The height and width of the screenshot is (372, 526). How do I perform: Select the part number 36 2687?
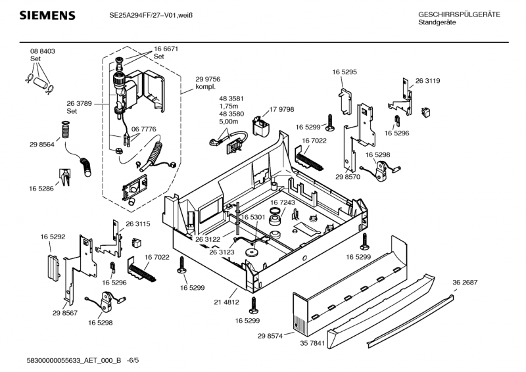[x=465, y=282]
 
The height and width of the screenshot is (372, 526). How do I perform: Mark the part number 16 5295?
[x=345, y=71]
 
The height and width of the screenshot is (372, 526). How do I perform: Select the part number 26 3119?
[x=427, y=80]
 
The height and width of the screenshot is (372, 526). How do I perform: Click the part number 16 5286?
[x=41, y=188]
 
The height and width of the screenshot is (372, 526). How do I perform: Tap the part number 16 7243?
[x=283, y=204]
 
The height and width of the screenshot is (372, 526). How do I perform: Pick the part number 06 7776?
[x=144, y=129]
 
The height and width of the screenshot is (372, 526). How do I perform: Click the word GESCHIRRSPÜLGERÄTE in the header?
[x=459, y=14]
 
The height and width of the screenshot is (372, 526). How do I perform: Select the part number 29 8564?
[x=41, y=144]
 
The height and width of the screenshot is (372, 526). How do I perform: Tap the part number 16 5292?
[x=53, y=236]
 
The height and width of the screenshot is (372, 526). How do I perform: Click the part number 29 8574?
[x=270, y=336]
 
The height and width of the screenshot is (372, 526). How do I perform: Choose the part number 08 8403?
[x=42, y=51]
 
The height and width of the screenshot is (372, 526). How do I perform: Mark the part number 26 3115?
[x=138, y=224]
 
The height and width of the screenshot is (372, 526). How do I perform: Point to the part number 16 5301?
[x=252, y=217]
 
